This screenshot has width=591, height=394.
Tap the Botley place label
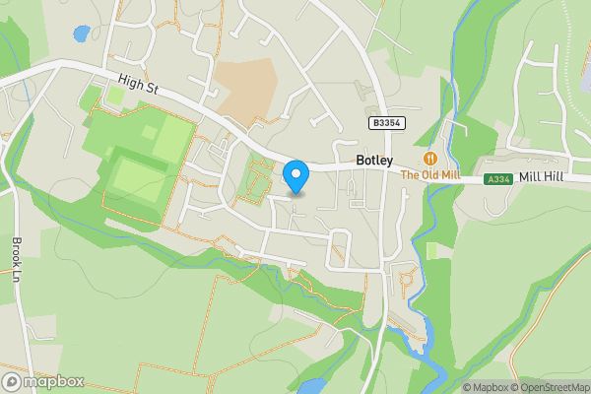pyautogui.click(x=374, y=161)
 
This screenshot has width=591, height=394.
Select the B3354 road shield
pyautogui.click(x=386, y=122)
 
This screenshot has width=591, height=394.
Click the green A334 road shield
pyautogui.click(x=498, y=179)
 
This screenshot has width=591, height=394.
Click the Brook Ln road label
pyautogui.click(x=17, y=258)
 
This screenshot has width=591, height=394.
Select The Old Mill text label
pyautogui.click(x=430, y=175)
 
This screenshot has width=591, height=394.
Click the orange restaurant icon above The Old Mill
pyautogui.click(x=430, y=159)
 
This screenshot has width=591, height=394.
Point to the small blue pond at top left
pyautogui.click(x=81, y=33)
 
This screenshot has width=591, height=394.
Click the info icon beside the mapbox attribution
pyautogui.click(x=454, y=387)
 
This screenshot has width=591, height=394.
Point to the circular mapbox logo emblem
pyautogui.click(x=12, y=382)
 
